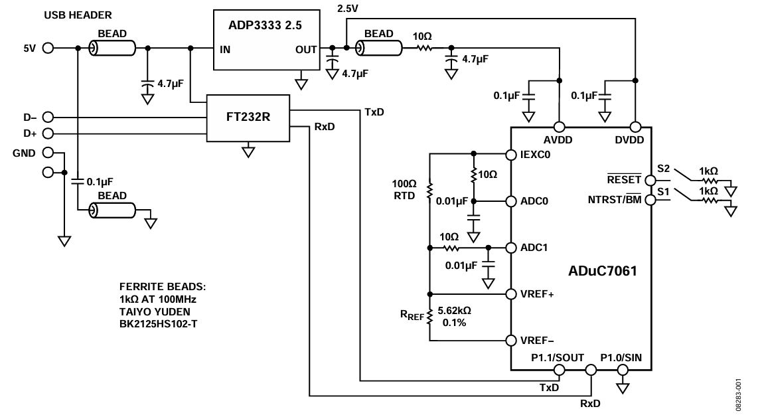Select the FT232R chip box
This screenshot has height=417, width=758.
coord(248,117)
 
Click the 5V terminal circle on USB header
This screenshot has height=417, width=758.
coord(48,48)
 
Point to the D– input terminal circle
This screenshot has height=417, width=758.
coord(48,117)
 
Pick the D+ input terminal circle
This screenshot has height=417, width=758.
coord(48,133)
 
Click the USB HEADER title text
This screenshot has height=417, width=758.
coord(78,15)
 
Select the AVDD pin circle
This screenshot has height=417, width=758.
coord(560,126)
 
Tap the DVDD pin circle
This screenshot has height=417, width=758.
coord(635,126)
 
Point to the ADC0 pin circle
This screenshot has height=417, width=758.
coord(510,201)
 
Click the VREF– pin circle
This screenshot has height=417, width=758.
coord(510,341)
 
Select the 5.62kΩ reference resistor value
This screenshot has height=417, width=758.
coord(457,310)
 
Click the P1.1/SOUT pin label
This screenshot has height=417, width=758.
coord(558,358)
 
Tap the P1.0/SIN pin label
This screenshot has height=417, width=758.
coord(621,358)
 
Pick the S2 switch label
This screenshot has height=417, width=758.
coord(662,169)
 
